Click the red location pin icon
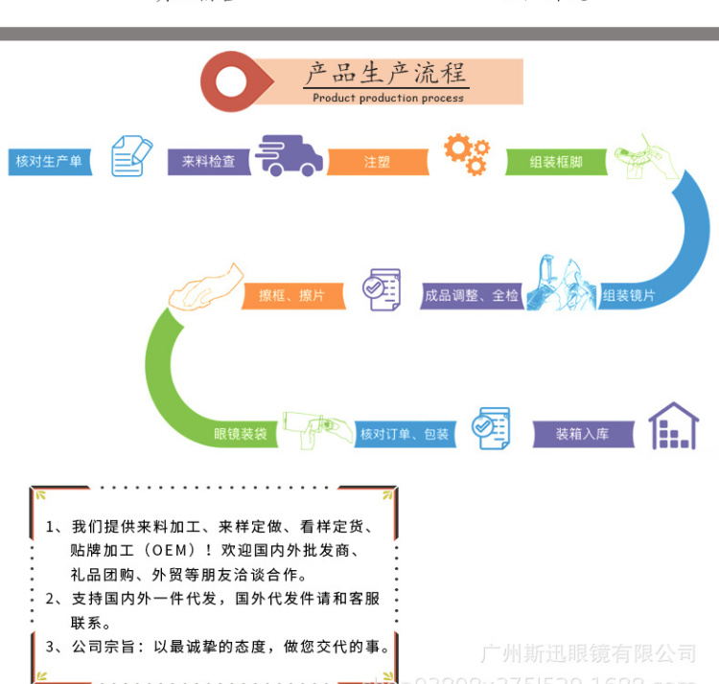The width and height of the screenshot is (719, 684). click(x=233, y=80)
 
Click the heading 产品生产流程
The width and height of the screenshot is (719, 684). click(x=385, y=73)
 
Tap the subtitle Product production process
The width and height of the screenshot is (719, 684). click(x=388, y=98)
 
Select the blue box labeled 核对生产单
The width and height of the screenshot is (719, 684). click(x=49, y=161)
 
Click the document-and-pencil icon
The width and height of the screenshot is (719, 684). click(x=131, y=156)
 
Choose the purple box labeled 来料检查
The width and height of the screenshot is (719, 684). click(x=208, y=161)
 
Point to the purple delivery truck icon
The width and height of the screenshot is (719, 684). click(x=289, y=156)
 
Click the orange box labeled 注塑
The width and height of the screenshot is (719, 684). click(x=377, y=162)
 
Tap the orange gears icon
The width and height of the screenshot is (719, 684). click(x=466, y=154)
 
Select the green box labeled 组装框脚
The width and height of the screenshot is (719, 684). click(x=556, y=162)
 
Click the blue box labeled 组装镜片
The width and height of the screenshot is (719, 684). click(x=628, y=295)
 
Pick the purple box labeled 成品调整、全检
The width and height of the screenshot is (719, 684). click(x=472, y=295)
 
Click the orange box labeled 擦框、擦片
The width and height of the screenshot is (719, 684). click(x=291, y=295)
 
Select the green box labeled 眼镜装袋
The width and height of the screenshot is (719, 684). click(x=240, y=434)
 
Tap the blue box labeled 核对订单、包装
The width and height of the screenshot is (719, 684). click(x=404, y=434)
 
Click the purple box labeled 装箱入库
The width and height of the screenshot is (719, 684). click(x=582, y=434)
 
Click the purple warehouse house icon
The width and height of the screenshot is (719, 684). click(x=673, y=426)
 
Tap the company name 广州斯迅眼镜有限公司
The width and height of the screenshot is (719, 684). click(x=588, y=653)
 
